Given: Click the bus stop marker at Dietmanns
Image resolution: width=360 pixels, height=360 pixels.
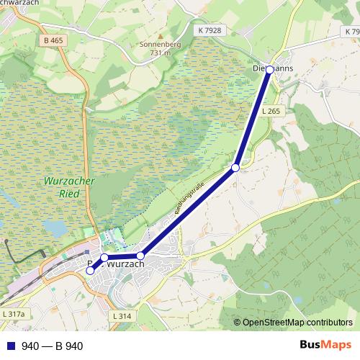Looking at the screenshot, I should click(x=270, y=69).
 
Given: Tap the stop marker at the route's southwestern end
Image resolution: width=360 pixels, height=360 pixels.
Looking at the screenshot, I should click(x=90, y=271).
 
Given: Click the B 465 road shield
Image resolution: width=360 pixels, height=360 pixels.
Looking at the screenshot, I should click(x=53, y=40).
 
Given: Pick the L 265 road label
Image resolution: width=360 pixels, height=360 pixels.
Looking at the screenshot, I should click(x=271, y=111).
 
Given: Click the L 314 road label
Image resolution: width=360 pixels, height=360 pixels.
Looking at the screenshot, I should click(x=123, y=317).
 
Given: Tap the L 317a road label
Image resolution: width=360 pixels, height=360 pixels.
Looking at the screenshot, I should click(x=14, y=315).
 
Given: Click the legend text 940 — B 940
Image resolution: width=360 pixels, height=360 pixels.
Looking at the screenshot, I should click(x=53, y=346).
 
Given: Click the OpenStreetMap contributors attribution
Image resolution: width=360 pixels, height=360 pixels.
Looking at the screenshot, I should click(x=297, y=323).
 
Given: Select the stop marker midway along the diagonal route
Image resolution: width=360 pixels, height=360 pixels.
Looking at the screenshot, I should click(x=235, y=167).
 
